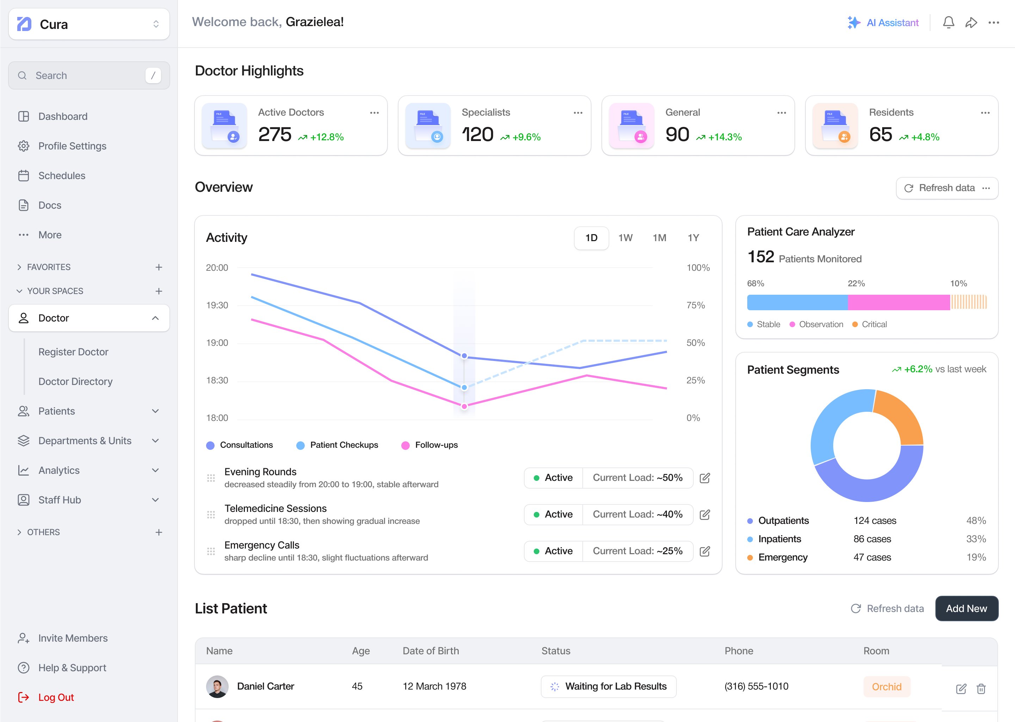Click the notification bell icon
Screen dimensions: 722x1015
tap(948, 23)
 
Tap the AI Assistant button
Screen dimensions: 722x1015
tap(883, 23)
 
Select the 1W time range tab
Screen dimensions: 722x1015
tap(625, 238)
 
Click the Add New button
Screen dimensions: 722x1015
tap(966, 608)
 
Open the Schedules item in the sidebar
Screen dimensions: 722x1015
tap(62, 176)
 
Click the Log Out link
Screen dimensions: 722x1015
tap(56, 697)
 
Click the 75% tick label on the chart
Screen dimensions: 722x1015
tap(695, 305)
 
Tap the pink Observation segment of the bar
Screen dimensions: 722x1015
tap(898, 302)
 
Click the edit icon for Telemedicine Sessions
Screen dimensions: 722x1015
tap(705, 514)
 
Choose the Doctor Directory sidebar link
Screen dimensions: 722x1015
tap(75, 381)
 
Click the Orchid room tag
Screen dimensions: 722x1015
tap(886, 687)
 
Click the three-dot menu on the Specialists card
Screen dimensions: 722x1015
tap(577, 113)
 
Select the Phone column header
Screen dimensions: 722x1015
tap(739, 651)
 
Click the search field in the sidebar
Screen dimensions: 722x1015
tap(89, 75)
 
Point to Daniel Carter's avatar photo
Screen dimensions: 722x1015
tap(217, 686)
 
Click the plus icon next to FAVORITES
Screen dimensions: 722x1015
tap(159, 267)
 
